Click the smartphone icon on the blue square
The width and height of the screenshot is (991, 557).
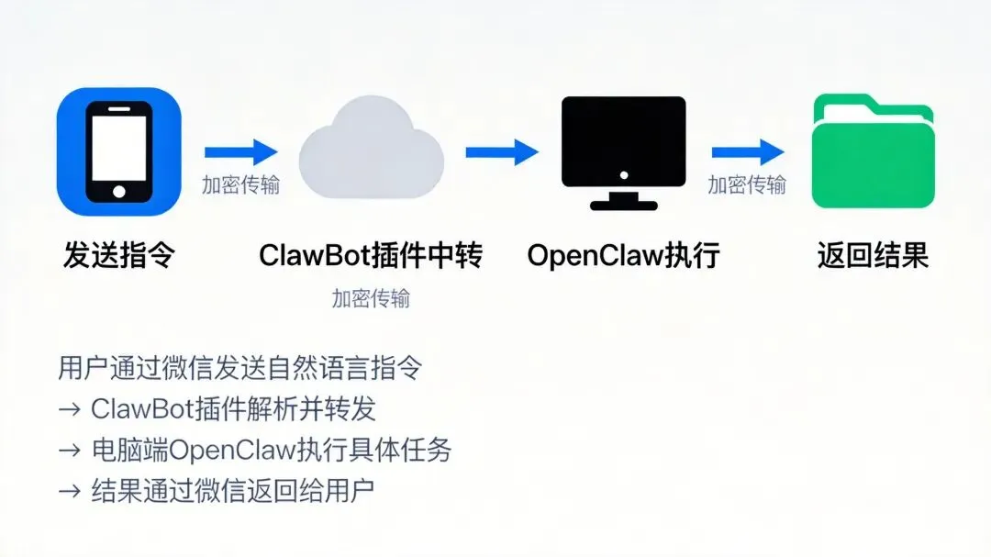click(x=118, y=150)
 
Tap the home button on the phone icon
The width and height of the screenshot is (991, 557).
click(x=118, y=191)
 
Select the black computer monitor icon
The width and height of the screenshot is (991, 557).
click(x=624, y=151)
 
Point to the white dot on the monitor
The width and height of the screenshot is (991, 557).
click(x=624, y=174)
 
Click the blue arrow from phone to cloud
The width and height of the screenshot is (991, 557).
click(x=240, y=151)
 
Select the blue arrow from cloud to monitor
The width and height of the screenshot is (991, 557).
click(x=501, y=151)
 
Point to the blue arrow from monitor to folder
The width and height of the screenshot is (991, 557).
click(x=747, y=151)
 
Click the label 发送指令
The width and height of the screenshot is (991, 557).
click(x=118, y=254)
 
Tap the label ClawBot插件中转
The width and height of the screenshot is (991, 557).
click(x=371, y=254)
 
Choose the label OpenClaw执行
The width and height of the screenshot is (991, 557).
click(x=623, y=254)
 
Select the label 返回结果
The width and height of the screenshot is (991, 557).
click(x=873, y=254)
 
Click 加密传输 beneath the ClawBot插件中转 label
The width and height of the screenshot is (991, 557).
click(x=371, y=299)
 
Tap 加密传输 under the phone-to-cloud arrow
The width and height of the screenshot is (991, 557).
click(x=240, y=184)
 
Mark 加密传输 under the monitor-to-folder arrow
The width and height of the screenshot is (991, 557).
click(x=747, y=184)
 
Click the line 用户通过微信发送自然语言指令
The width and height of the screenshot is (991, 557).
click(x=240, y=368)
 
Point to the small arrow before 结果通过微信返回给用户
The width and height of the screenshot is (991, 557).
click(x=70, y=491)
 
